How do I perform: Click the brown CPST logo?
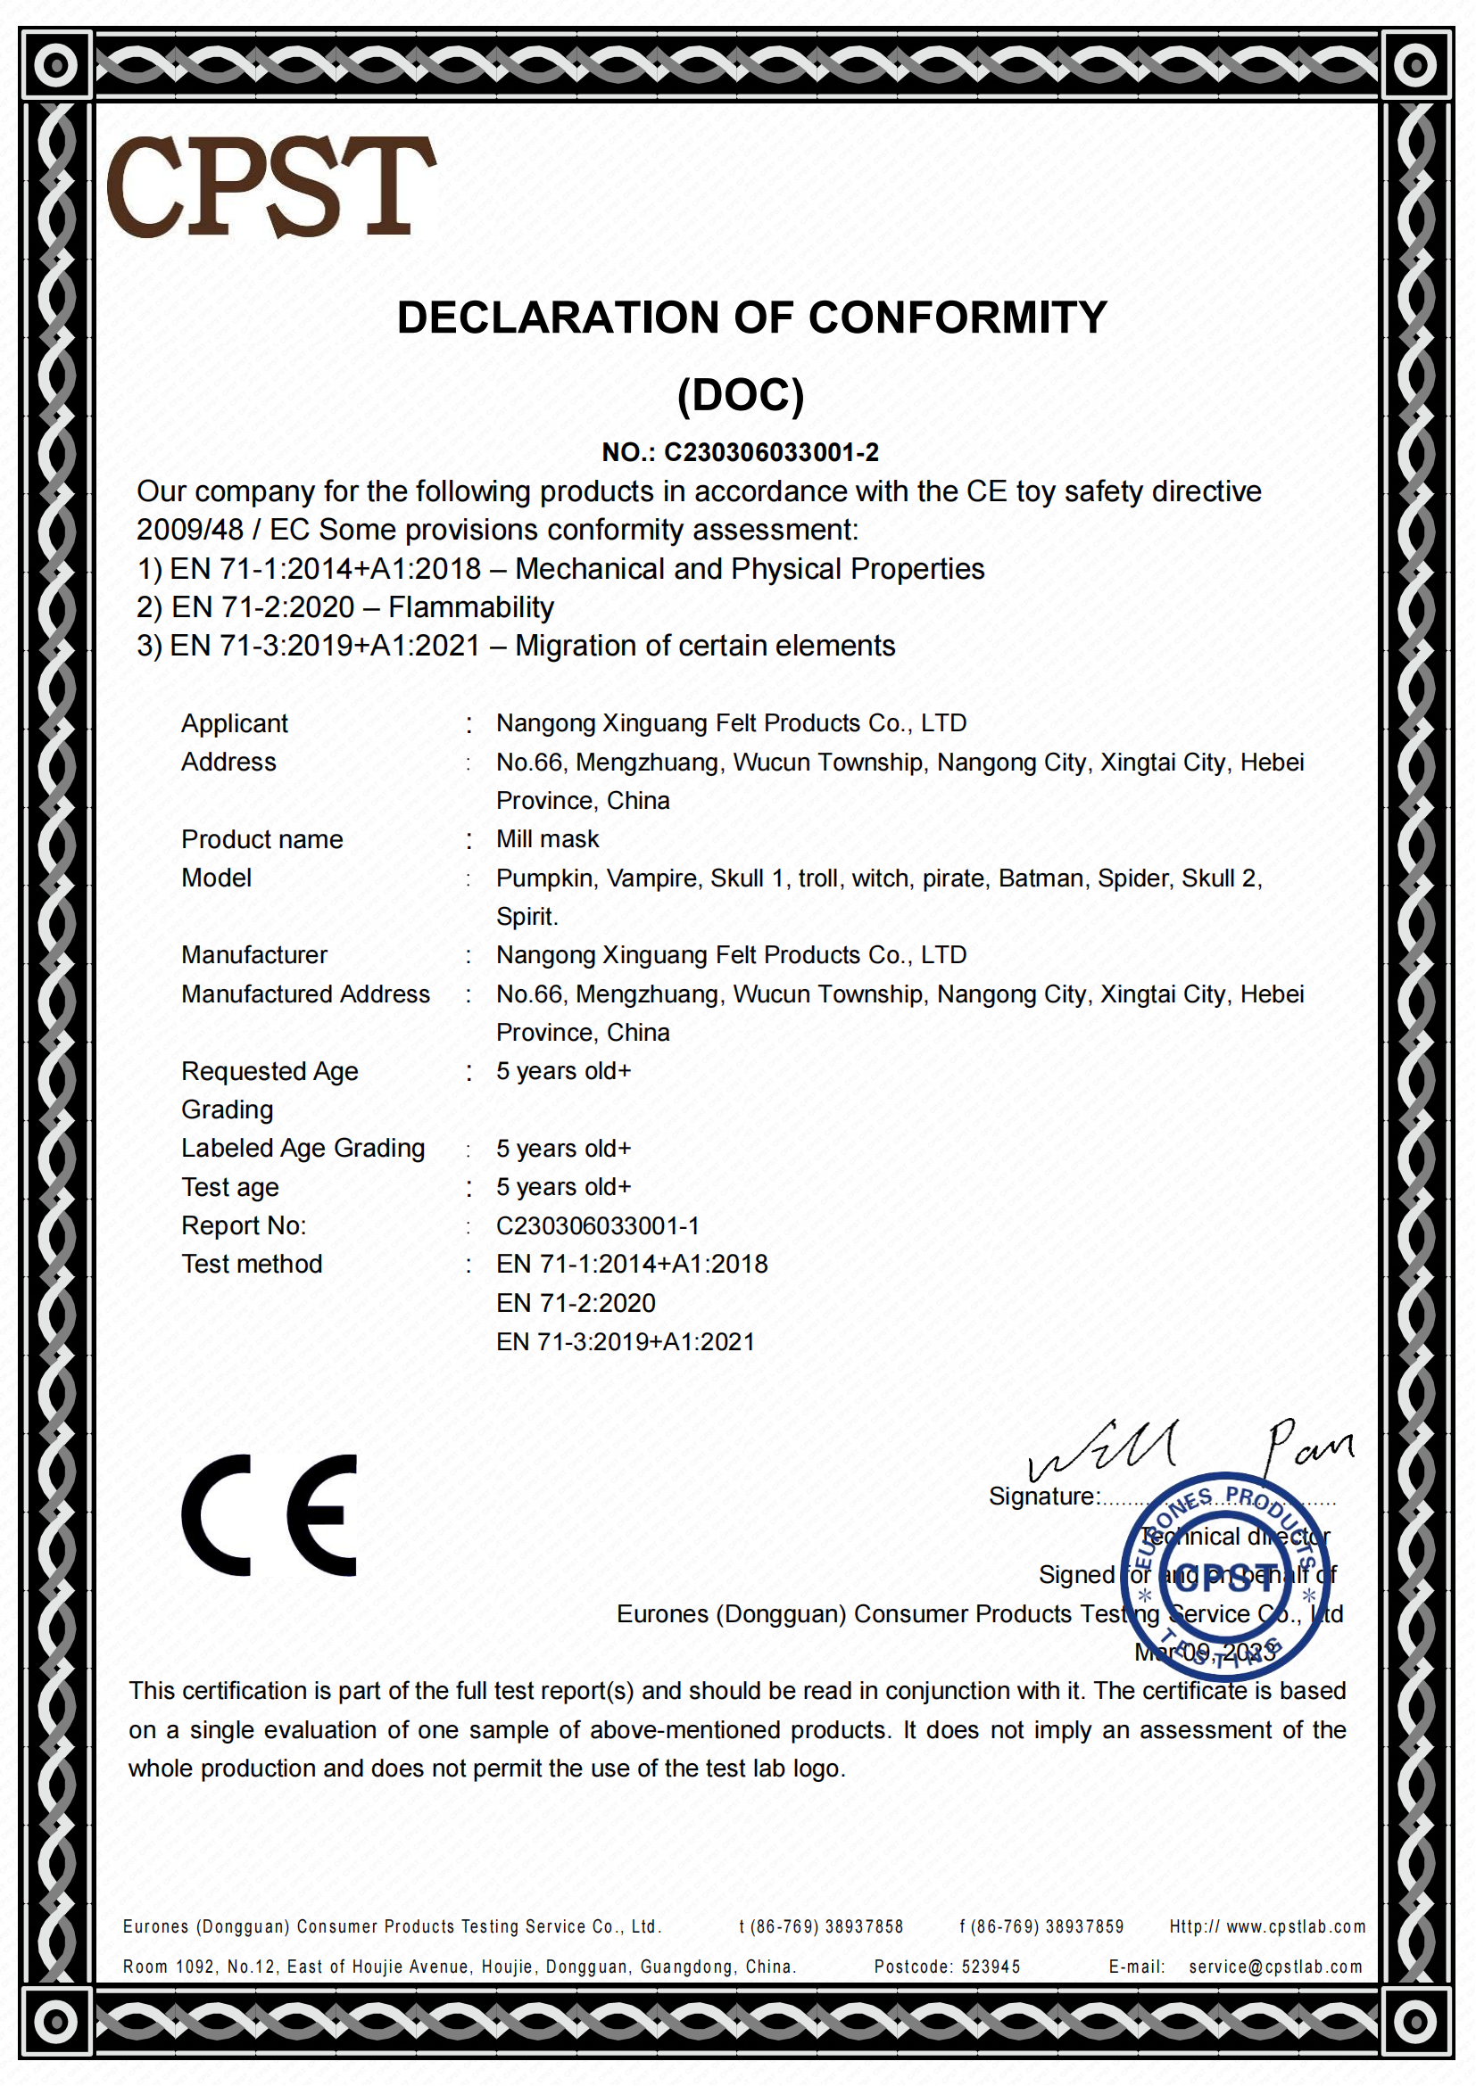coord(271,186)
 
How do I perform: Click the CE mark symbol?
coord(269,1514)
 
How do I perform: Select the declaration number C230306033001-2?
coord(771,452)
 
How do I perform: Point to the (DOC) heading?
coord(741,395)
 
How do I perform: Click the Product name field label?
coord(261,839)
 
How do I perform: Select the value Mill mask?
coord(547,839)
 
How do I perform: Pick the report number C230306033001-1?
coord(597,1225)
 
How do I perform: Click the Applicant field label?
coord(235,723)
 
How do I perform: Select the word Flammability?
coord(471,607)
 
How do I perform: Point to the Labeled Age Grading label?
coord(303,1149)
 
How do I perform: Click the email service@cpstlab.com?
coord(1275,1967)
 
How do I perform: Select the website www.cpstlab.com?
coord(1295,1927)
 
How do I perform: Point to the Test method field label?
coord(252,1264)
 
